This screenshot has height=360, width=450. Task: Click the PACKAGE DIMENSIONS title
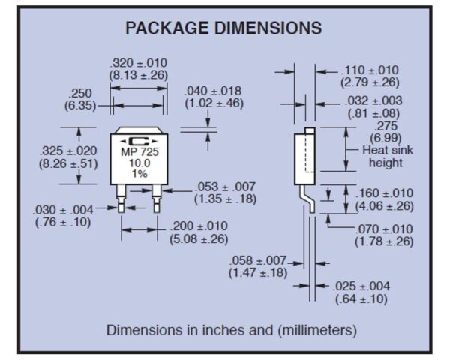223,28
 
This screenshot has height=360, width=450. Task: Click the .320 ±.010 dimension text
139,62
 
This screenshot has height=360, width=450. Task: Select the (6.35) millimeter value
79,105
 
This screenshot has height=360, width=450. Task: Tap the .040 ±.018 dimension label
214,91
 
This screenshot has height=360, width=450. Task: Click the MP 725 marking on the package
139,152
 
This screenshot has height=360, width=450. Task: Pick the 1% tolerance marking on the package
139,173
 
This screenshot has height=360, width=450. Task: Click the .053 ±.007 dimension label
224,186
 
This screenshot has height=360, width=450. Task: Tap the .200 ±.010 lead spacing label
199,226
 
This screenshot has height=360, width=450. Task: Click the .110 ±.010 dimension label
370,70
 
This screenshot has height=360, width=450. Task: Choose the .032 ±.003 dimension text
373,100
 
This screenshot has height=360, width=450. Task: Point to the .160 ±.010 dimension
383,193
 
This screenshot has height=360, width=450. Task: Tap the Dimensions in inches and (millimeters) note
231,329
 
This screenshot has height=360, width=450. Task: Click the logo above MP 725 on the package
139,142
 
